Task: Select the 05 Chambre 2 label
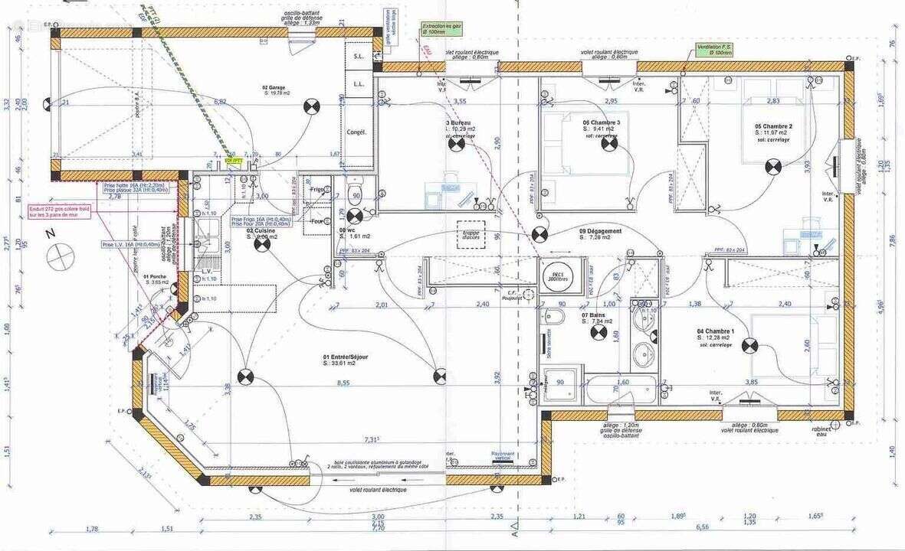[x=773, y=126]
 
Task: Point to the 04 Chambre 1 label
[x=715, y=331]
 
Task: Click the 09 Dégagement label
[x=600, y=230]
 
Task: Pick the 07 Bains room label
[x=595, y=315]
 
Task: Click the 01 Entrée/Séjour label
[x=346, y=357]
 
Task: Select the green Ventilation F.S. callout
[x=714, y=50]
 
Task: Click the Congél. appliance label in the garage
[x=356, y=132]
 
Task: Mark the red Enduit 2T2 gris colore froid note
[x=56, y=211]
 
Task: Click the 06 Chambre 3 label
[x=602, y=122]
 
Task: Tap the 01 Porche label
[x=156, y=277]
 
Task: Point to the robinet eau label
[x=821, y=432]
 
